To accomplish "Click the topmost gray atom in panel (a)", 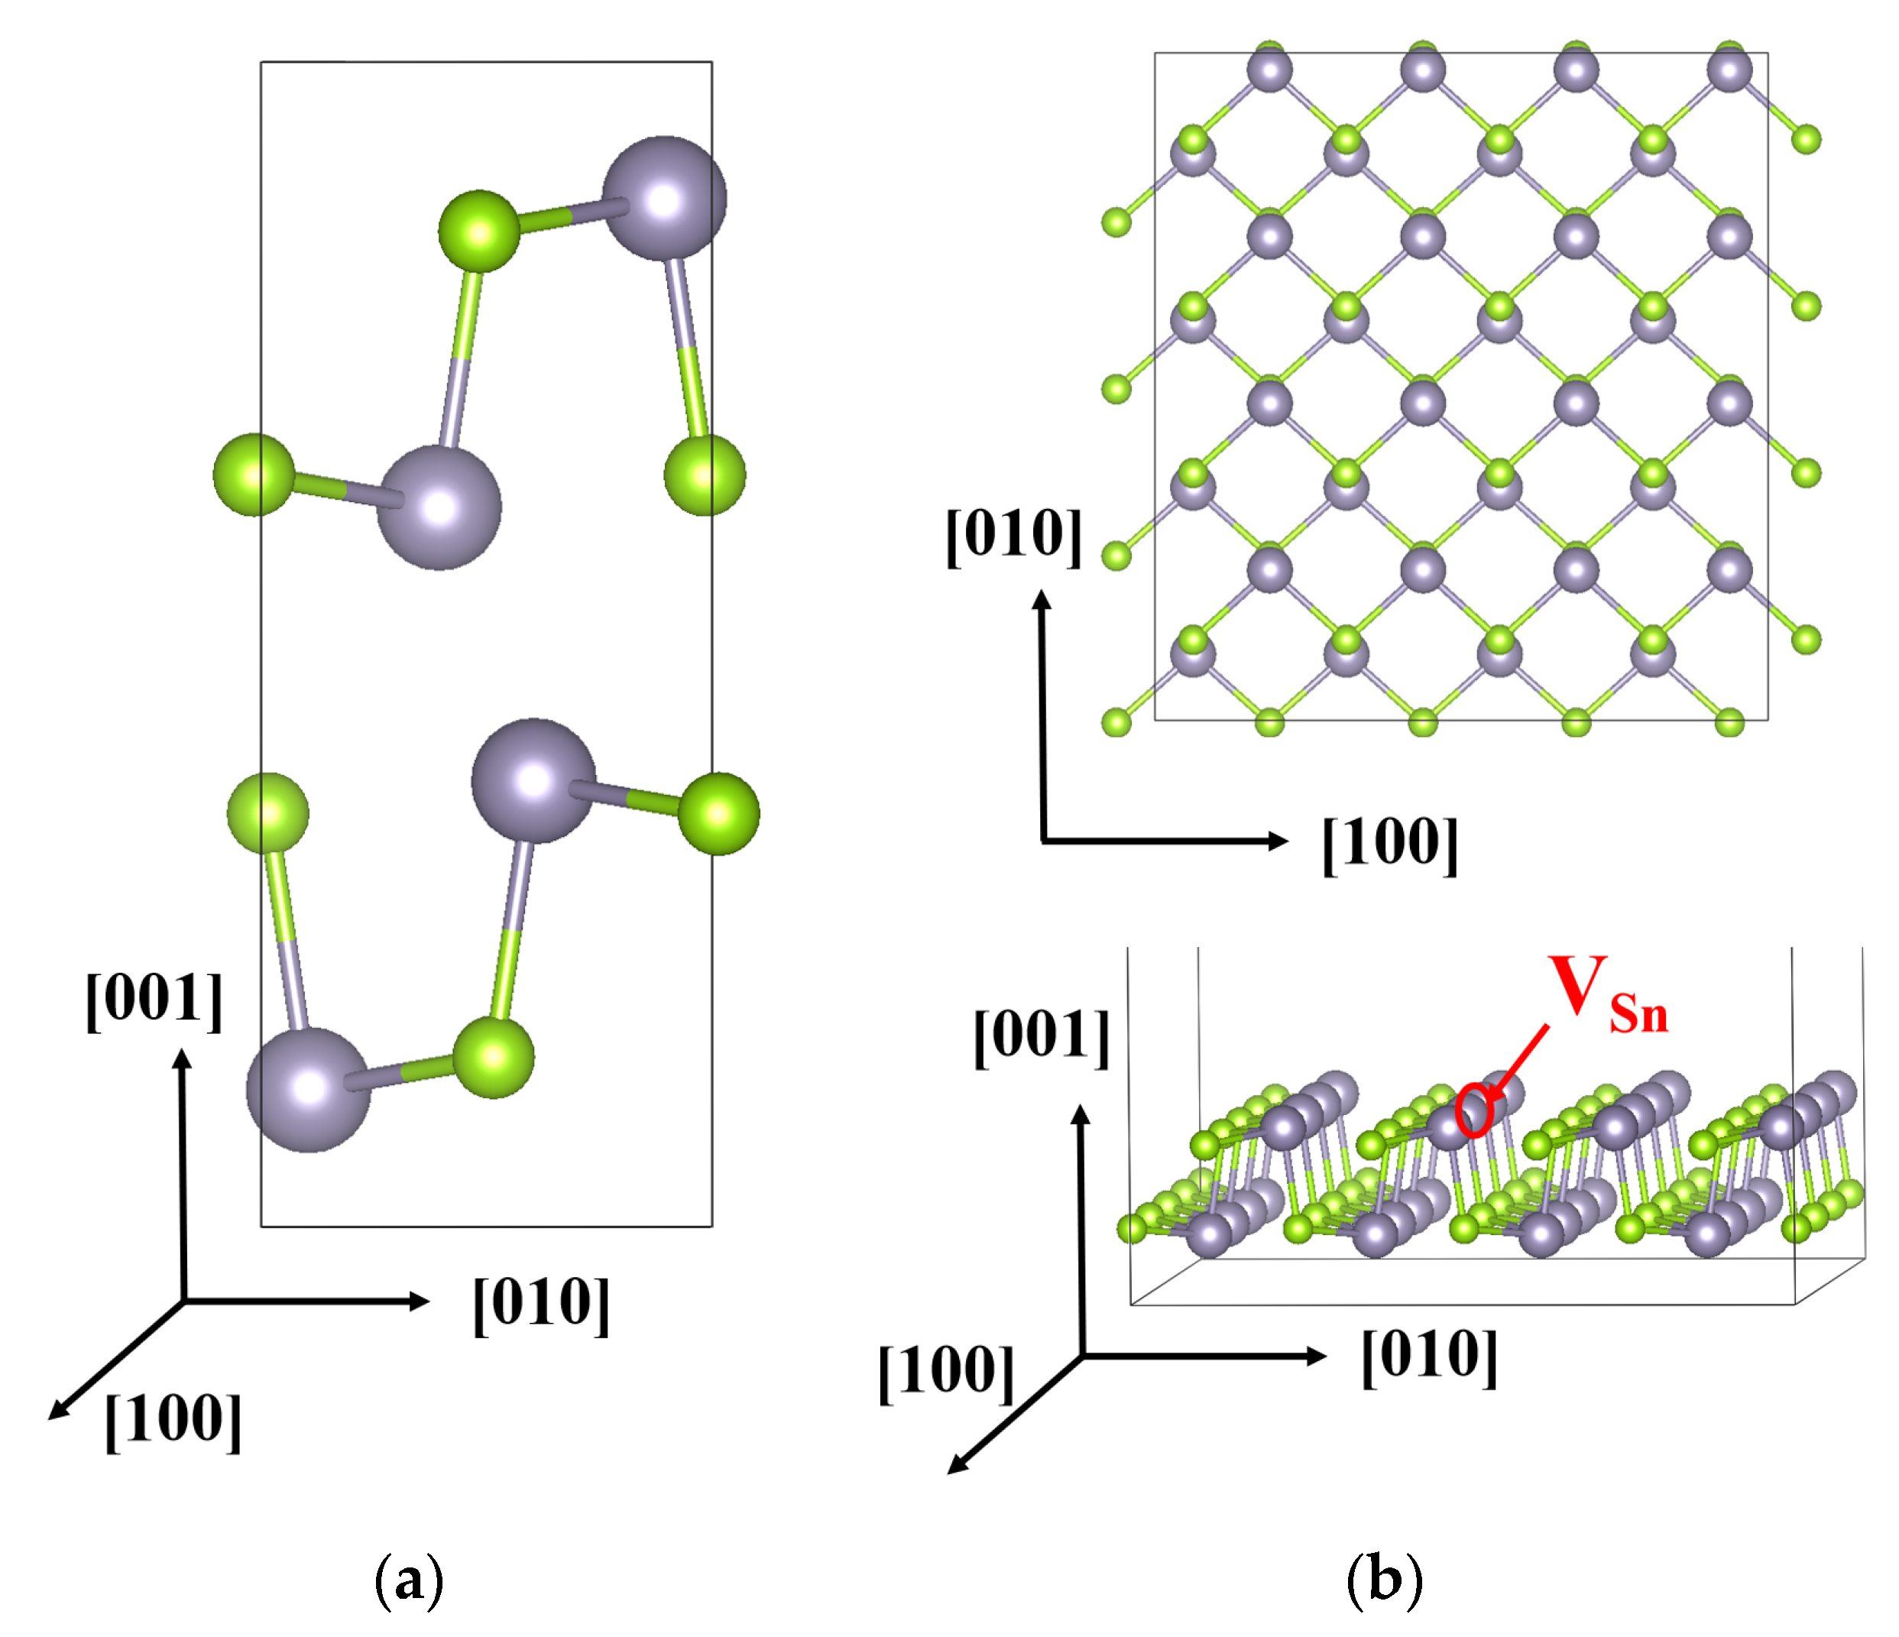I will [x=665, y=199].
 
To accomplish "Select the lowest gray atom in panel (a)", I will [x=309, y=1090].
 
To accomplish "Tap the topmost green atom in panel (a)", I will [x=479, y=231].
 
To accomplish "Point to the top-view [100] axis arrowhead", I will [x=1279, y=841].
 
